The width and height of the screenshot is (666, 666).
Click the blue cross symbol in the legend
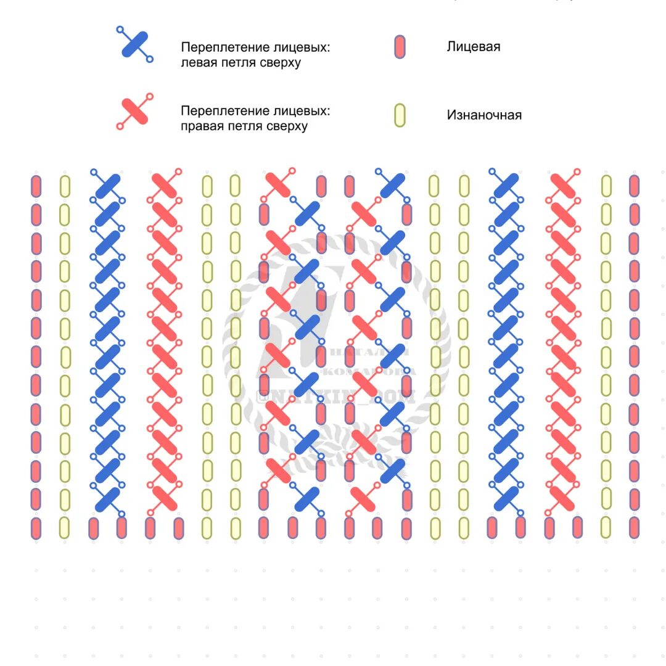[x=135, y=44]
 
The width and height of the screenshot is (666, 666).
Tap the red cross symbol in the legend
[x=135, y=111]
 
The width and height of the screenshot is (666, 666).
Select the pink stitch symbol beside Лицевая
[x=400, y=47]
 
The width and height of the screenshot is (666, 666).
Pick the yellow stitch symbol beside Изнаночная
[x=400, y=115]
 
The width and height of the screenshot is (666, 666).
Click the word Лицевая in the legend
[x=473, y=47]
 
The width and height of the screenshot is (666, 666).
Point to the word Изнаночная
[x=484, y=115]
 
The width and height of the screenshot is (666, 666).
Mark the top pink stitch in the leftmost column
[x=36, y=186]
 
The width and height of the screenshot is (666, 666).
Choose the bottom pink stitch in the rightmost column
[x=635, y=528]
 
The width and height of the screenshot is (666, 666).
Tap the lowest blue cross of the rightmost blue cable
[x=506, y=498]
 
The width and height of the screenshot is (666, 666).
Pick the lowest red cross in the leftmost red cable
[x=165, y=498]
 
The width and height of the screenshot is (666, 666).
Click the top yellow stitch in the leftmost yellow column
[x=65, y=186]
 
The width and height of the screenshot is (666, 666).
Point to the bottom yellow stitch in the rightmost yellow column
[x=606, y=528]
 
